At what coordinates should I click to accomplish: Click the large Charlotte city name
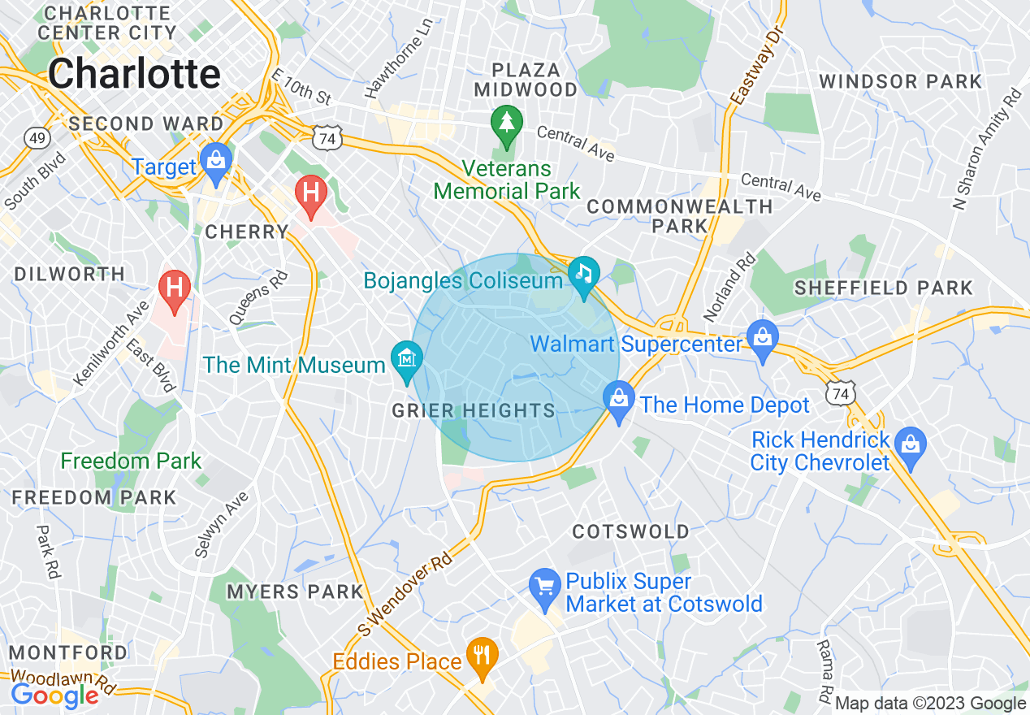point(134,74)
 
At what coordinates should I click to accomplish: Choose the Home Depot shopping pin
point(619,399)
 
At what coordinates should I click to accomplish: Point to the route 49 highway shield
point(36,139)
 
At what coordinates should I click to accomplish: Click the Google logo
point(54,695)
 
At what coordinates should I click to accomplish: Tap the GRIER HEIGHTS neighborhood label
point(474,411)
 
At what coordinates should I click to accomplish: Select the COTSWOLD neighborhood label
point(631,532)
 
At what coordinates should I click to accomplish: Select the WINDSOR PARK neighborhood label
point(901,81)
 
